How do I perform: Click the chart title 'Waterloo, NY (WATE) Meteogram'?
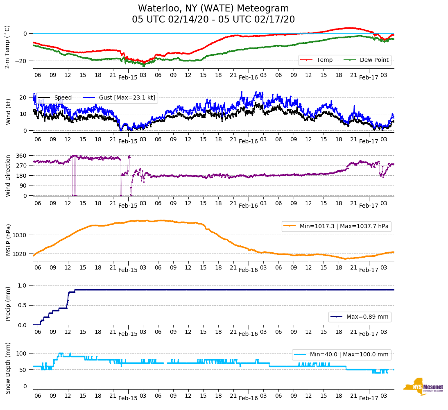pos(213,9)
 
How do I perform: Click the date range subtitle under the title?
pos(213,20)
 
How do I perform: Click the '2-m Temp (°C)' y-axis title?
pos(7,47)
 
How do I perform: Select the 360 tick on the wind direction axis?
pos(21,156)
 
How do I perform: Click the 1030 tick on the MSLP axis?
pos(20,235)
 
